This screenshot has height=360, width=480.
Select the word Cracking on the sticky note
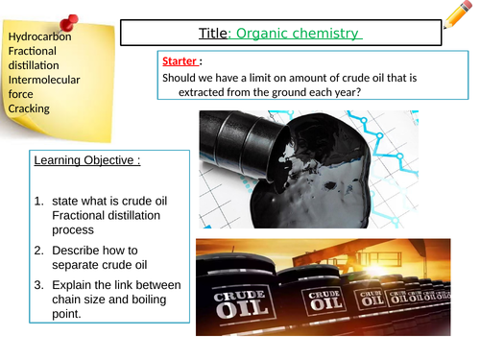tap(30, 108)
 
